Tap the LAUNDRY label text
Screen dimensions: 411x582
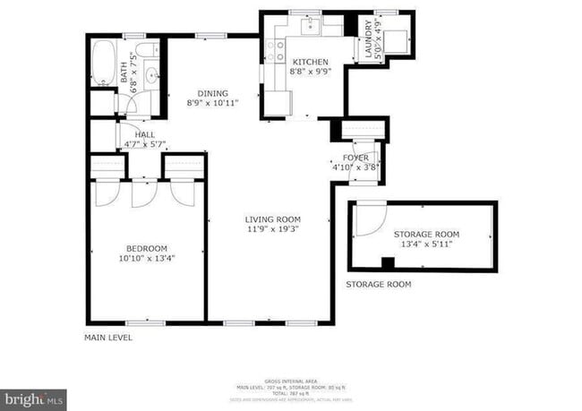[x=367, y=41]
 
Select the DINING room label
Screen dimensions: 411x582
[x=213, y=93]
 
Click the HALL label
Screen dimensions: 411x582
[x=144, y=134]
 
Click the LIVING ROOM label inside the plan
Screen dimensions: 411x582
[x=273, y=218]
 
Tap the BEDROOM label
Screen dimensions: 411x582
[x=146, y=248]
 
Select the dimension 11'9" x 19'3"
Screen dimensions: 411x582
[x=273, y=229]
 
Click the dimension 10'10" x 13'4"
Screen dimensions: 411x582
[x=146, y=259]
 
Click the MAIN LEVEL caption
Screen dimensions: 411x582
[x=108, y=338]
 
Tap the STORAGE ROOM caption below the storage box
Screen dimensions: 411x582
[x=379, y=285]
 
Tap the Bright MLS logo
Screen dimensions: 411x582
[x=34, y=398]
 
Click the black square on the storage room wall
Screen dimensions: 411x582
[x=388, y=262]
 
